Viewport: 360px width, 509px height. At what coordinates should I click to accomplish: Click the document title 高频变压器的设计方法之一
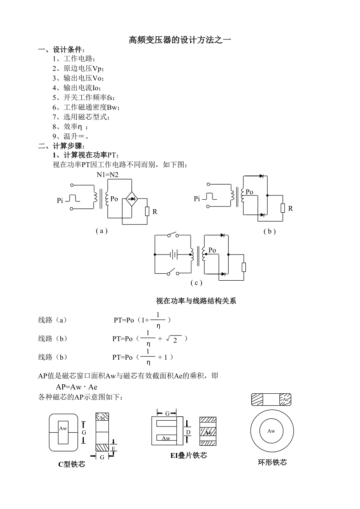pos(180,40)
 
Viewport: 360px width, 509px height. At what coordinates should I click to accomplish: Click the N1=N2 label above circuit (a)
pos(108,175)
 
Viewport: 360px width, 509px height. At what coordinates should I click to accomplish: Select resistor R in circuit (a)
pos(147,211)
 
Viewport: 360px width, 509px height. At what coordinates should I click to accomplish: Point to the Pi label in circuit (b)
pos(197,199)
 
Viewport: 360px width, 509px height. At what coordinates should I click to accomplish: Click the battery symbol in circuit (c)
pos(174,255)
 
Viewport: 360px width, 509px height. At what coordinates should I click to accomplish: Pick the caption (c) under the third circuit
pos(196,283)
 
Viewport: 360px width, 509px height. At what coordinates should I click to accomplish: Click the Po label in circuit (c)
pos(212,250)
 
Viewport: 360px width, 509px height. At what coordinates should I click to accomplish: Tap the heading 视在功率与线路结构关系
pos(196,301)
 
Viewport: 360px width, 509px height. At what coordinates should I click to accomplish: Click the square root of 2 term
pos(172,339)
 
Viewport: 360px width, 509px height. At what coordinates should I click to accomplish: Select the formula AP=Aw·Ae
pos(76,387)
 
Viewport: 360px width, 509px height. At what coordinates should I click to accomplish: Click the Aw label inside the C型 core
pos(63,428)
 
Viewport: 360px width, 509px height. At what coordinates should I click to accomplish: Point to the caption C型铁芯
pos(72,464)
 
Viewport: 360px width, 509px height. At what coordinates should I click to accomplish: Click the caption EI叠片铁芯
pos(189,455)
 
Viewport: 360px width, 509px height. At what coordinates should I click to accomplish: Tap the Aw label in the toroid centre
pos(271,431)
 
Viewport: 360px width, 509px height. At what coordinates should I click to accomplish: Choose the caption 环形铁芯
pos(272,462)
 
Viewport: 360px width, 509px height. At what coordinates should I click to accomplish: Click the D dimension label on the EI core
pos(188,432)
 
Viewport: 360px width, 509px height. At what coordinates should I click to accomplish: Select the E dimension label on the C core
pos(113,448)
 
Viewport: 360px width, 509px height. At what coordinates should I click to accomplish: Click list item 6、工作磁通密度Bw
pos(86,108)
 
